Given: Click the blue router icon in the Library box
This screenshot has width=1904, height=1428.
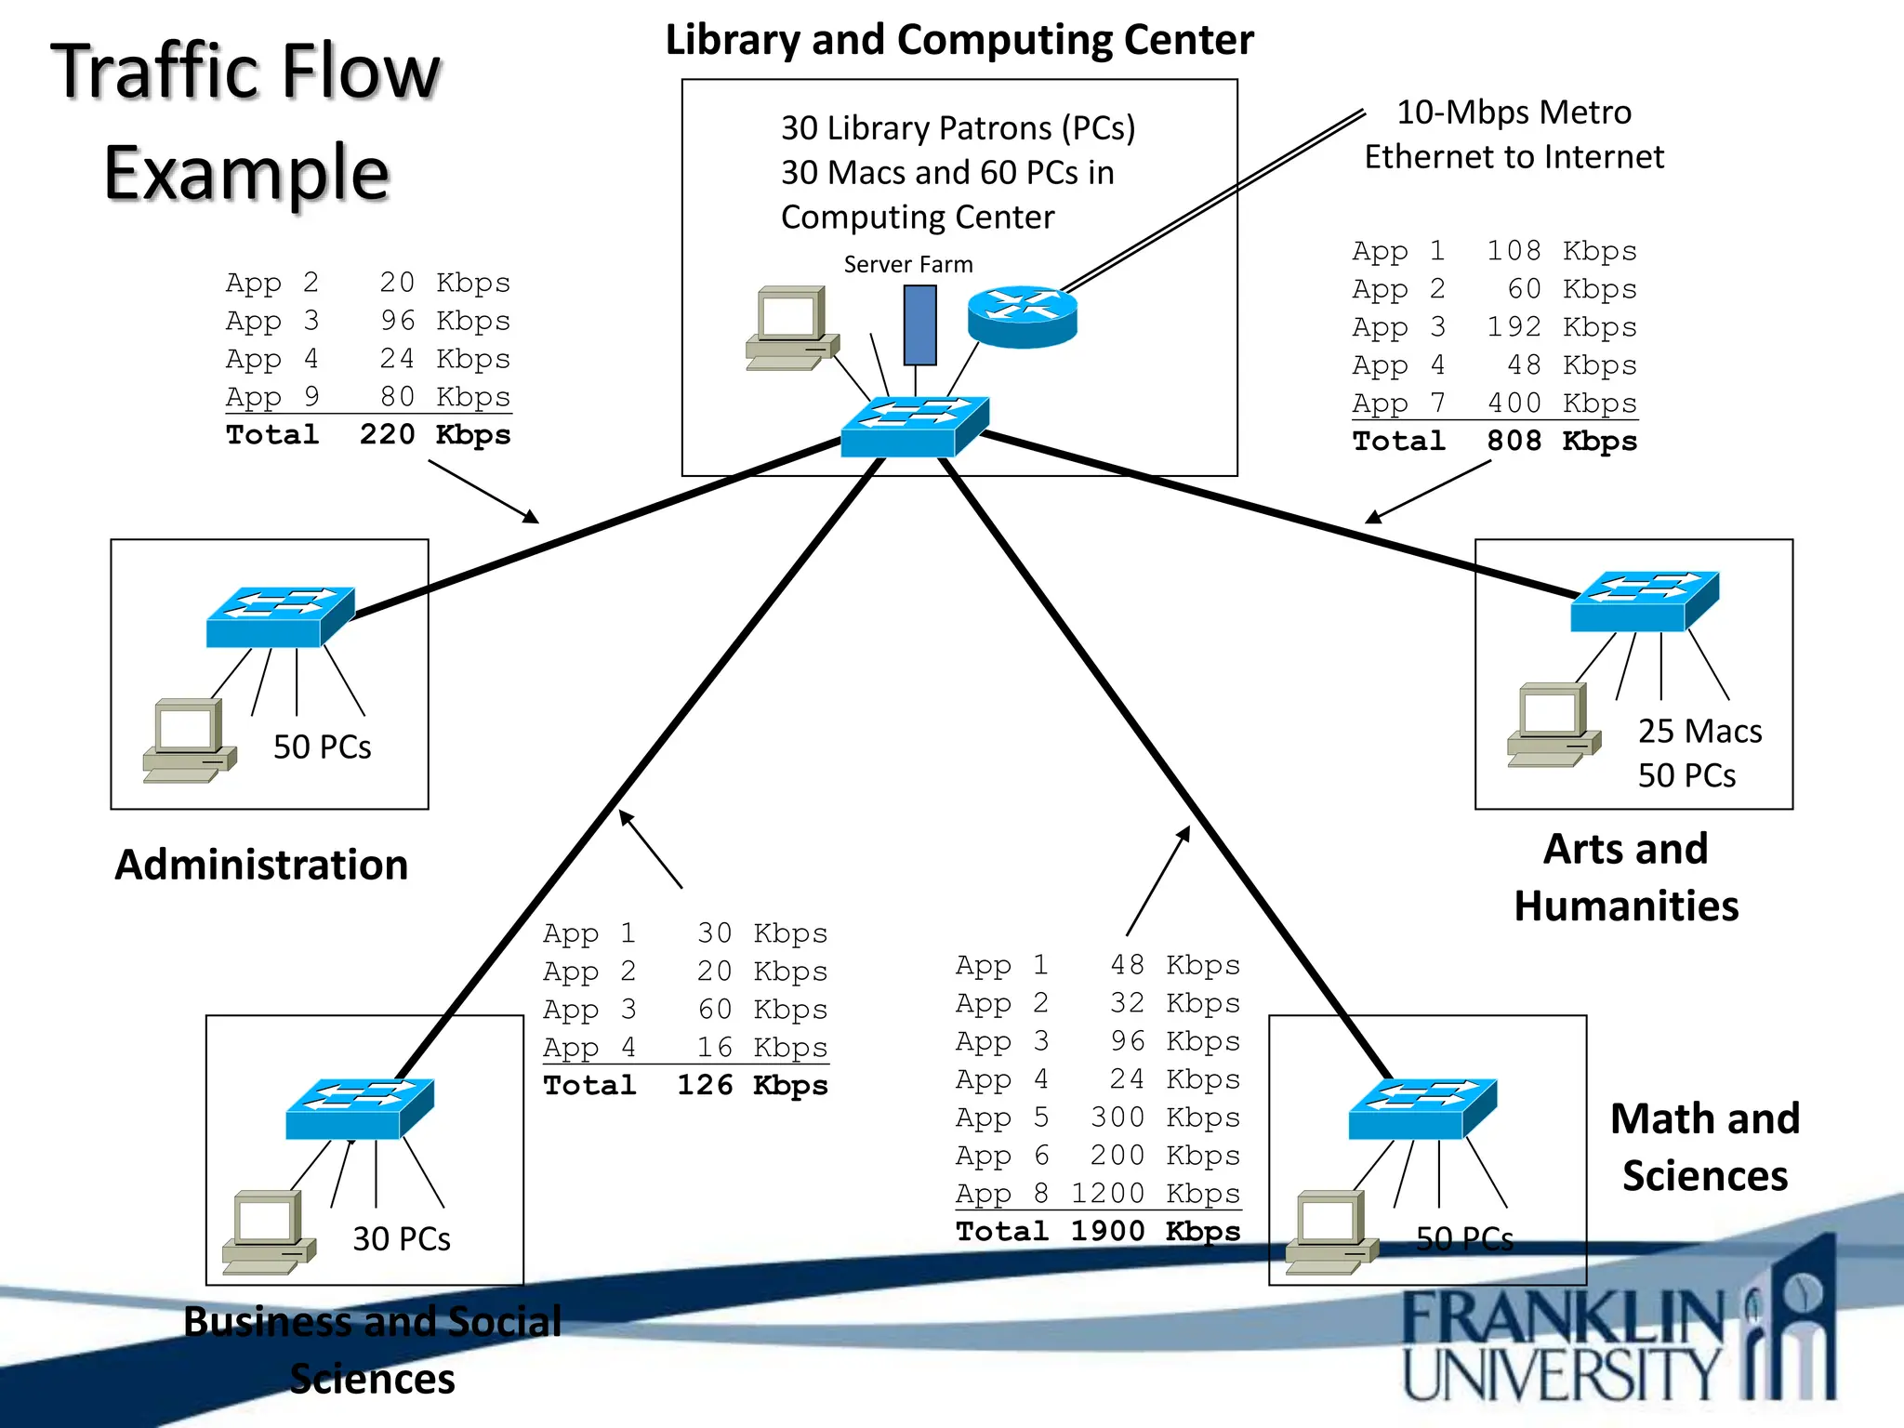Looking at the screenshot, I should coord(1022,316).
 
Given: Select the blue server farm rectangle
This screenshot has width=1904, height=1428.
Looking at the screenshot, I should coord(919,324).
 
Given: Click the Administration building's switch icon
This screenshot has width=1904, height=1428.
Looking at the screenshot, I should coord(279,617).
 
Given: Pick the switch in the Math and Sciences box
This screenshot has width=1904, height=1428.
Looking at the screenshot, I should coord(1421,1109).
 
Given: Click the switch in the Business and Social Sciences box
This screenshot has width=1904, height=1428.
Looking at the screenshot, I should coord(359,1109).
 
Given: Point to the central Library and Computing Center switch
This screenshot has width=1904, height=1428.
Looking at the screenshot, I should coord(913,427).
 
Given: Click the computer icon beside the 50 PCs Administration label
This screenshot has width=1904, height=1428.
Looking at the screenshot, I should coord(189,741).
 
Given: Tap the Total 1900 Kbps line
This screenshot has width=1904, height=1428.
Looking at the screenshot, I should coord(1098,1232).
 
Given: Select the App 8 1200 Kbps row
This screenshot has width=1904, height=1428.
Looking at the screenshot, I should coord(1098,1194).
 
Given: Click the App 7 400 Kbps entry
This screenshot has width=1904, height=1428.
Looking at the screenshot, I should coord(1494,403).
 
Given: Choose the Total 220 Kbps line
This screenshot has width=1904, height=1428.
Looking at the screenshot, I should coord(368,435).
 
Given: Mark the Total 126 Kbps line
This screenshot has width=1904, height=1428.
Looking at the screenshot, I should coord(685,1086).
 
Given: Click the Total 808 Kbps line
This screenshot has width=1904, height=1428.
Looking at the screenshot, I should coord(1494,442).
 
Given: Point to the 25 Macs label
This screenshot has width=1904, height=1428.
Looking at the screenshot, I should coord(1699,732).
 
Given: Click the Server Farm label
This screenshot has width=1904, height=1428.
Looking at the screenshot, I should coord(907,265).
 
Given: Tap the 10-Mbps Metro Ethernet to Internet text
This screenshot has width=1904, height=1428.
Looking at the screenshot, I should coord(1514,135).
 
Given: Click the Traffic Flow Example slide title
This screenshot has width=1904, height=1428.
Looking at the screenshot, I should coord(246,121).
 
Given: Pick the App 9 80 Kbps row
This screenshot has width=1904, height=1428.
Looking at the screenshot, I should coord(368,397).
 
